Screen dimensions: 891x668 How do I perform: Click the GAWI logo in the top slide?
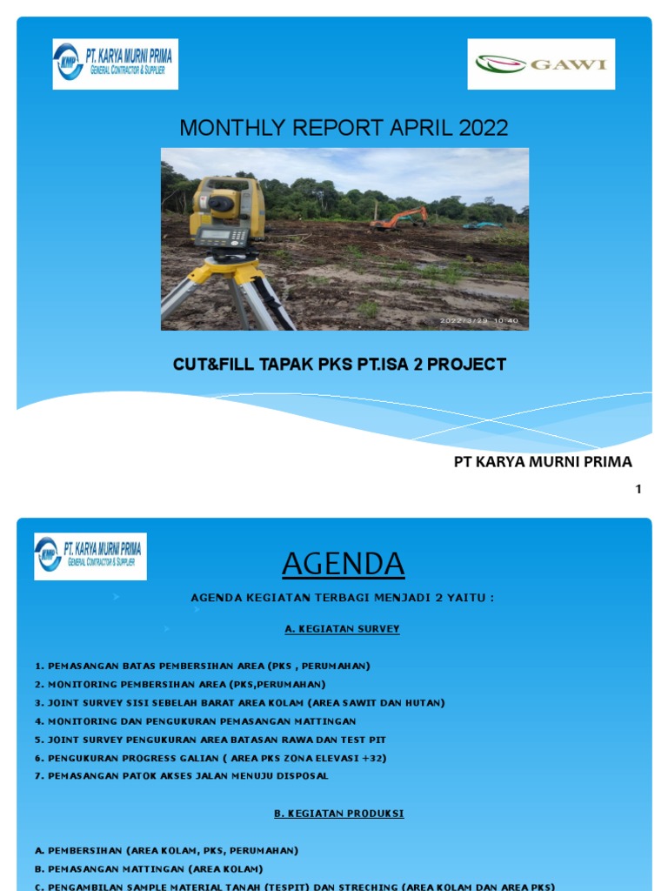click(x=541, y=64)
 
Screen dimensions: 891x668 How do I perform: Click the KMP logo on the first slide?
click(x=115, y=64)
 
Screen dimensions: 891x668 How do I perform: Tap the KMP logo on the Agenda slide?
click(x=90, y=556)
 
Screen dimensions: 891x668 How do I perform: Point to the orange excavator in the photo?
click(x=398, y=217)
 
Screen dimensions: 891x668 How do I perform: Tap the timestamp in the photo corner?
click(x=478, y=320)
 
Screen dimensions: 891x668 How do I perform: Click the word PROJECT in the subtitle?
click(x=470, y=365)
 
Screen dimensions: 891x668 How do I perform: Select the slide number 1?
click(x=638, y=489)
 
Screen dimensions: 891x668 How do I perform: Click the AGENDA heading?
click(x=343, y=565)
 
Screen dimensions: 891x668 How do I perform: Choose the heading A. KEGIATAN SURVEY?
click(x=342, y=629)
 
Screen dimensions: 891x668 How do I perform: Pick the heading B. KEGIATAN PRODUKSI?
click(x=338, y=814)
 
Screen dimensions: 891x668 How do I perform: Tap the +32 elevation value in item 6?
click(x=372, y=758)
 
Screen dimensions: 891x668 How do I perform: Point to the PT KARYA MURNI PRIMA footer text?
click(x=543, y=462)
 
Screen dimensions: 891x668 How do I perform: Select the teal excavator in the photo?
click(x=482, y=225)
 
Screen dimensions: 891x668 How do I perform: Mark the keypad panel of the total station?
click(x=224, y=236)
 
